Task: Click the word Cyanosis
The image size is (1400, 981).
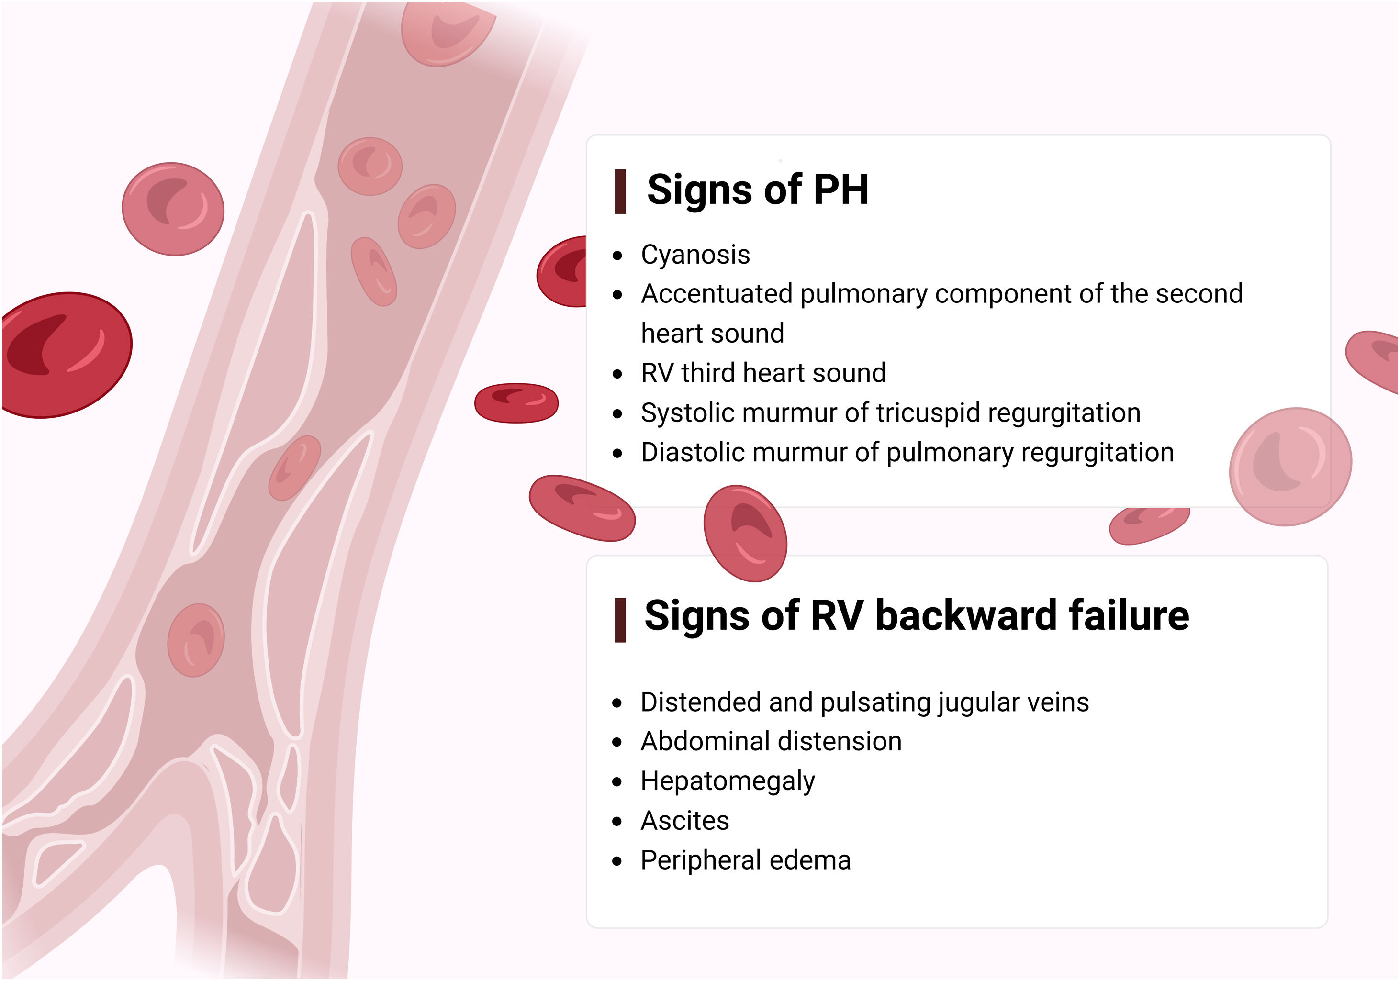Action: pos(695,255)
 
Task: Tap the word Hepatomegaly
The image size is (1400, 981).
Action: pos(728,781)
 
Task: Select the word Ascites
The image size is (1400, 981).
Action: pos(685,821)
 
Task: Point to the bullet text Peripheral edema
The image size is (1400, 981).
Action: pos(745,860)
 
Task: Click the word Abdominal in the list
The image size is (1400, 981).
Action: pos(697,741)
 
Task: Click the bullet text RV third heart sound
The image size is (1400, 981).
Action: pos(763,373)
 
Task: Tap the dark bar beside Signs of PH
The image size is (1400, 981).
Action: pos(620,191)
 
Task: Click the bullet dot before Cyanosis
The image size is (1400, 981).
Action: pos(618,256)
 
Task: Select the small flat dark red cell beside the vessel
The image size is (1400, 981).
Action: pos(516,403)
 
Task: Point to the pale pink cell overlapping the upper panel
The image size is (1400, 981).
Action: pos(1290,467)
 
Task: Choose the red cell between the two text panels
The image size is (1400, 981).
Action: pos(745,534)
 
